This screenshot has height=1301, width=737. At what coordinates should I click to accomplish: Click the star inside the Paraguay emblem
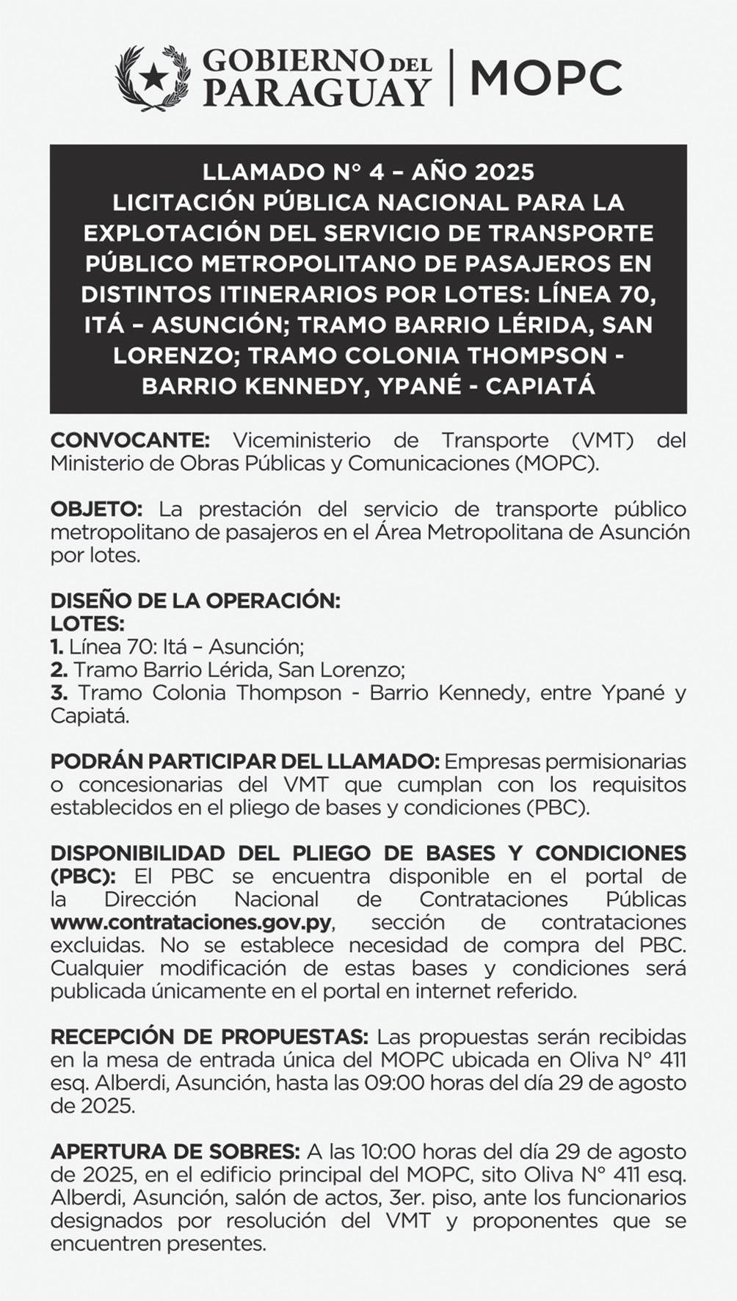153,76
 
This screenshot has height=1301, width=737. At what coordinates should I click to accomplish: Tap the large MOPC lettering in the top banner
545,78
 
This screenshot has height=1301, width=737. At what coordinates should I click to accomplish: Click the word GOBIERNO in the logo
292,61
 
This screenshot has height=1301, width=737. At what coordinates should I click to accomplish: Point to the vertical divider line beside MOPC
451,77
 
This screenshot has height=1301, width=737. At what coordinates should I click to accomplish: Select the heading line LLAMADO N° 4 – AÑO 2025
368,172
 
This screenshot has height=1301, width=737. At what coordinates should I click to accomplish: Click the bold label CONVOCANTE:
130,441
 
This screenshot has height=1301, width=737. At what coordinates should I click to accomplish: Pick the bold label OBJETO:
96,510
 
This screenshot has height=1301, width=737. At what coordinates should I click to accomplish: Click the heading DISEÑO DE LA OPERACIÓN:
195,601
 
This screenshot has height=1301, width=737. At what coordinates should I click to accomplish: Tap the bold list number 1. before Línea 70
57,647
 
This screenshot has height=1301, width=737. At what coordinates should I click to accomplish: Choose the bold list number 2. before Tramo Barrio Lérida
59,670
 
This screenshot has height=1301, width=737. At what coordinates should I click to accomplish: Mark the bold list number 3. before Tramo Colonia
59,693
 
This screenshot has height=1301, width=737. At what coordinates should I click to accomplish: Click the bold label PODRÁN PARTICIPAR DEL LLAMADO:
244,761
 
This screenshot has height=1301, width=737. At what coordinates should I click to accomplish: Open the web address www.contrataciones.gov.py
191,922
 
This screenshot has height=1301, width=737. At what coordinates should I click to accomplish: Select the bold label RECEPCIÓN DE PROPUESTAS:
209,1037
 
